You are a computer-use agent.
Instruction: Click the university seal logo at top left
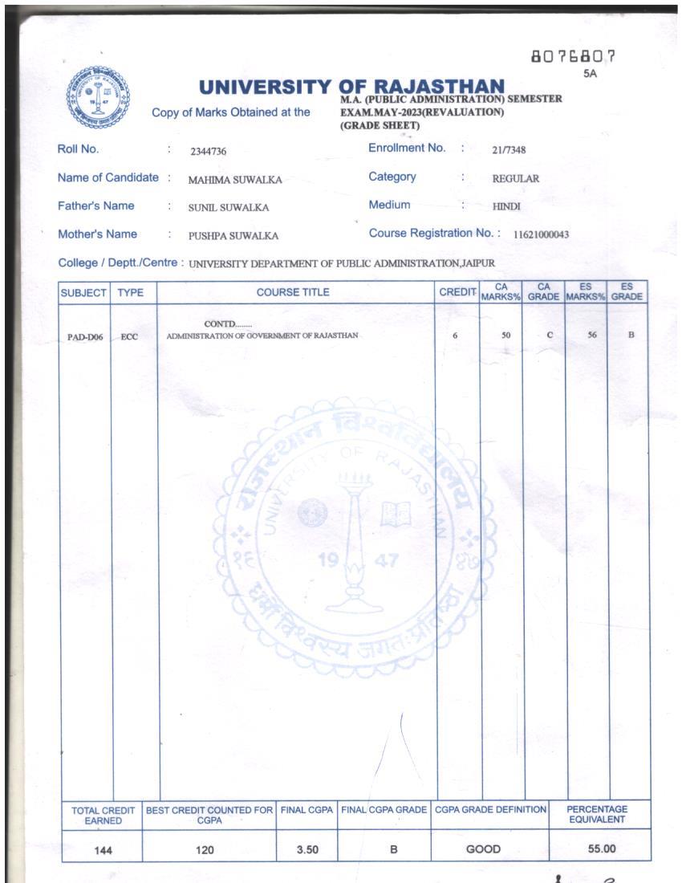pos(98,98)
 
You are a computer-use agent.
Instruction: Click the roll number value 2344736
pos(209,151)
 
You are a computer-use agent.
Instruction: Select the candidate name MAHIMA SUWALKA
pos(235,180)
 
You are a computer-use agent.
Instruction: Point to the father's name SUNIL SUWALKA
pos(229,208)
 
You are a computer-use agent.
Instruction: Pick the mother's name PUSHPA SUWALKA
pos(233,236)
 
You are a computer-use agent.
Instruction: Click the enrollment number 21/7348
pos(509,150)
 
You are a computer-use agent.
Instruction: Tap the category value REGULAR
pos(516,179)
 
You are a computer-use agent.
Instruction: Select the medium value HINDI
pos(506,207)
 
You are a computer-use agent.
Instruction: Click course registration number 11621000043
pos(541,235)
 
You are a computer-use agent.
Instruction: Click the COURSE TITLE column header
pos(293,293)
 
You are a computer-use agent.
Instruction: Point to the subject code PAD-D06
pos(85,337)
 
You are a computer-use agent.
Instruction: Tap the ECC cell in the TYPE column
pos(129,337)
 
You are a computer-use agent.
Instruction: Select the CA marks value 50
pos(505,336)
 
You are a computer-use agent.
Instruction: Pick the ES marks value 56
pos(592,335)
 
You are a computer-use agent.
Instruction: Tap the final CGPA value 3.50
pos(307,849)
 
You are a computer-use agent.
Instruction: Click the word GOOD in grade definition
pos(483,849)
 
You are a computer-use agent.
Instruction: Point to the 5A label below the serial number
pos(591,74)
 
